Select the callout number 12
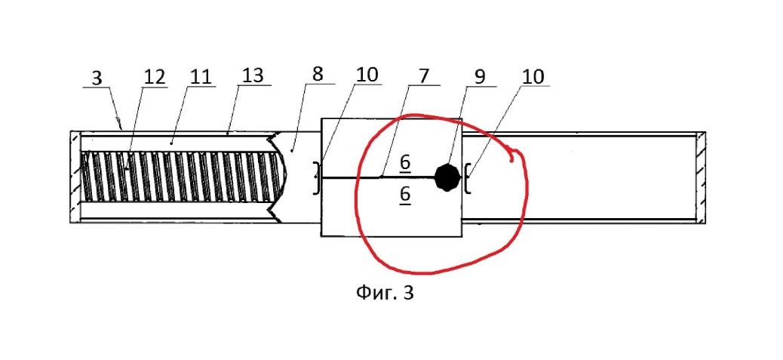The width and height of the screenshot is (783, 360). (x=154, y=78)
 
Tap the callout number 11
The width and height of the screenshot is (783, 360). (x=201, y=78)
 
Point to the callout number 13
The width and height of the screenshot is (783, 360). (x=253, y=76)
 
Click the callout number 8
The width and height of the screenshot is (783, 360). (x=317, y=75)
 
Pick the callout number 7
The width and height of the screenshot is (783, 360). (x=422, y=76)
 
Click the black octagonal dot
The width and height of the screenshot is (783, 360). (x=447, y=177)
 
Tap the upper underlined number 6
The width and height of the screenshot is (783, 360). (x=405, y=163)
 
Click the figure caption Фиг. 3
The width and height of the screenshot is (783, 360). (x=385, y=293)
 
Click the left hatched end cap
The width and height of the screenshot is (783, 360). (x=75, y=177)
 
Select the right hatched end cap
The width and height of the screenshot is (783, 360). (x=701, y=177)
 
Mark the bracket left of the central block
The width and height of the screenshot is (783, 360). (x=315, y=178)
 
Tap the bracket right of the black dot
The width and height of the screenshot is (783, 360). (x=468, y=178)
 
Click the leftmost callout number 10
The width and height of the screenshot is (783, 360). (x=367, y=75)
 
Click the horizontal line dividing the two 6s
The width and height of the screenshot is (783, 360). (x=378, y=177)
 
